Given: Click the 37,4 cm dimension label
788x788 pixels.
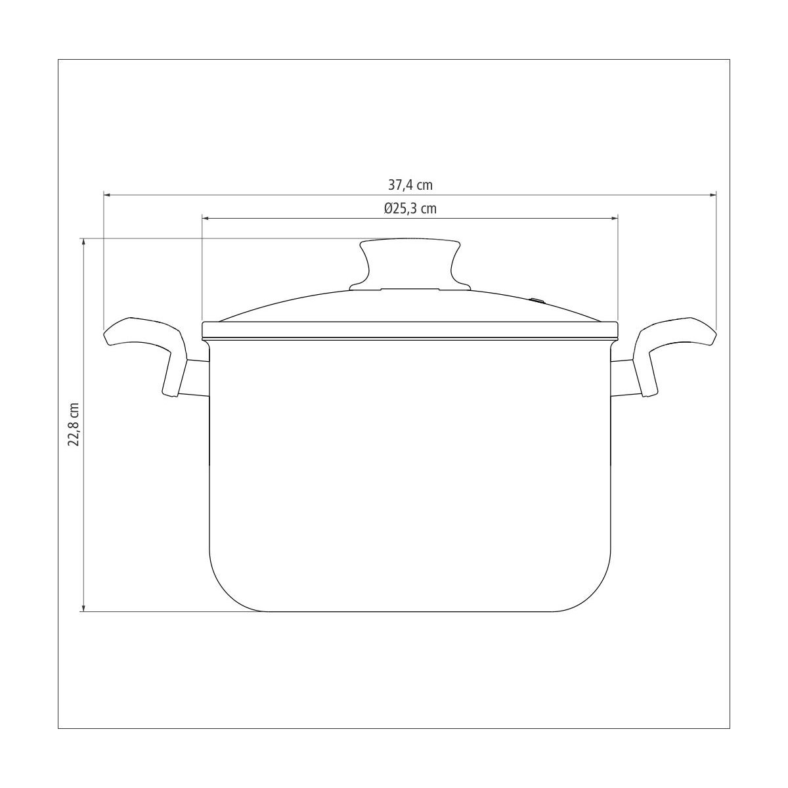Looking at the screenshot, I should pos(410,185).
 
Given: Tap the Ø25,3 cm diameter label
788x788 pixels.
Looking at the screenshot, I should pos(410,209).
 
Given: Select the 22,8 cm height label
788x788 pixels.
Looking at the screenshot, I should pos(74,424).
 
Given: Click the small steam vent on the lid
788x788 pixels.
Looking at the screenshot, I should pos(538,301).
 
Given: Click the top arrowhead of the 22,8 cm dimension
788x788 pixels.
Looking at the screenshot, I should pos(83,242).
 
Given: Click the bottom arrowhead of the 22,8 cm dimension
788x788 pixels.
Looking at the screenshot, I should pos(83,607).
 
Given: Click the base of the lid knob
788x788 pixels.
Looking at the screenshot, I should pos(410,287).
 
